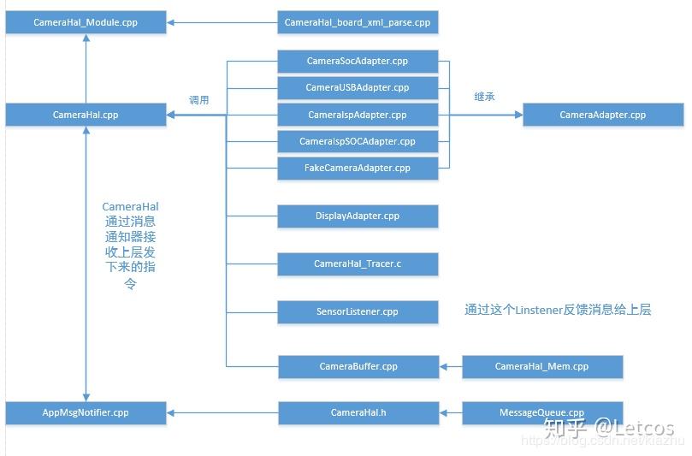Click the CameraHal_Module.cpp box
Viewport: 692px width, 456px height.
click(x=86, y=22)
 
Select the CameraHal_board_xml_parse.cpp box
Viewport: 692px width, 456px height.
click(x=358, y=22)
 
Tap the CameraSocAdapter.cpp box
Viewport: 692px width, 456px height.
click(x=358, y=62)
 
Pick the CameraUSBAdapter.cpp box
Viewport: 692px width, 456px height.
click(x=358, y=88)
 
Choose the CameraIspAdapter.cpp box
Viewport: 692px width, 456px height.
click(x=358, y=115)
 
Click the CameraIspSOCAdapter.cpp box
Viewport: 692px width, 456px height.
click(x=358, y=141)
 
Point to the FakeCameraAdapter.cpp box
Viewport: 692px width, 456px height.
click(x=358, y=168)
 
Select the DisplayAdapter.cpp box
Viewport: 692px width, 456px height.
click(x=358, y=216)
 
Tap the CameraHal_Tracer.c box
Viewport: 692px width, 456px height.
click(x=358, y=264)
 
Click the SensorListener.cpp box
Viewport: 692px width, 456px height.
click(x=358, y=312)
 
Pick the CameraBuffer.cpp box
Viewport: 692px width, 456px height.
click(x=358, y=367)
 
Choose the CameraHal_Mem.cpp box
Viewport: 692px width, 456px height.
click(x=541, y=367)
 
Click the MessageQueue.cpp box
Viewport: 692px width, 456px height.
click(x=541, y=413)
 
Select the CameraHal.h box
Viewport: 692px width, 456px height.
click(x=358, y=413)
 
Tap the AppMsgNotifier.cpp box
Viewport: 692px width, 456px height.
click(x=86, y=413)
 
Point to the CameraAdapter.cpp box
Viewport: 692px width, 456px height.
click(x=603, y=115)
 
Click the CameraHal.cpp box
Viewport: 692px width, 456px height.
click(x=86, y=115)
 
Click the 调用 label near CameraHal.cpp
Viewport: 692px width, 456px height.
click(x=199, y=100)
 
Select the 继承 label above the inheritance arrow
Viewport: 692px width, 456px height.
click(x=484, y=97)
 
